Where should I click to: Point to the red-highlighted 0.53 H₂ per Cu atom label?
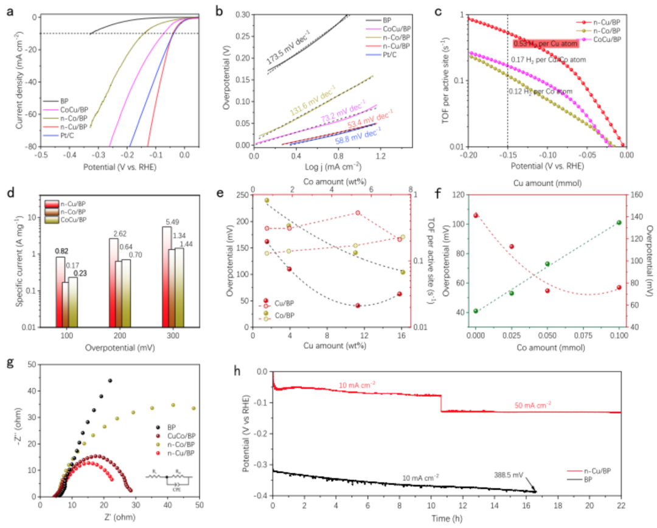click(545, 44)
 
